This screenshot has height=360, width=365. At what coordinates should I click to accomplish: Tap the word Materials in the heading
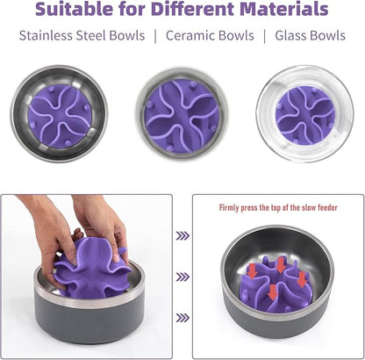click(x=281, y=11)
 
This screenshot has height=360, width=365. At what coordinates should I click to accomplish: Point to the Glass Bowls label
click(x=311, y=36)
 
